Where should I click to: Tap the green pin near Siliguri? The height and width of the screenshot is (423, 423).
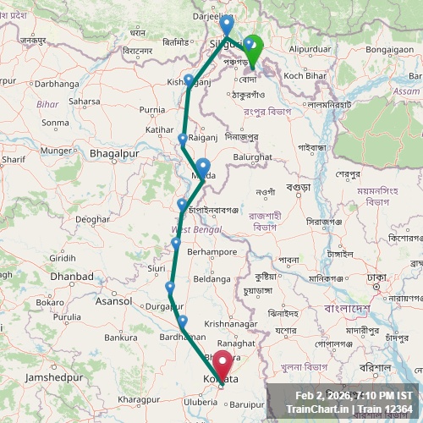click(x=252, y=47)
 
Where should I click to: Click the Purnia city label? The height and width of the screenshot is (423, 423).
click(x=152, y=109)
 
